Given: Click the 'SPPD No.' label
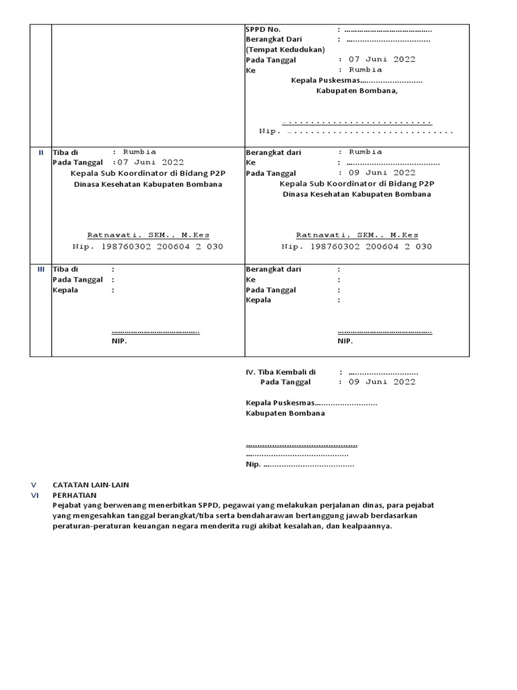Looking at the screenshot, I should [x=263, y=30].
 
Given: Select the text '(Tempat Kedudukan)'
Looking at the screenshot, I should [x=285, y=49].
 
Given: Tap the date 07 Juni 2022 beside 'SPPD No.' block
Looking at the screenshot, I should [x=382, y=59].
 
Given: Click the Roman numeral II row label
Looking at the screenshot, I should [x=40, y=152].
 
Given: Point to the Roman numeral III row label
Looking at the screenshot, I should [x=40, y=269].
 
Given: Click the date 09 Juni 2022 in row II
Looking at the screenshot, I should [x=382, y=173].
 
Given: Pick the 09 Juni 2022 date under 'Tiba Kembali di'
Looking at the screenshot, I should [x=382, y=382].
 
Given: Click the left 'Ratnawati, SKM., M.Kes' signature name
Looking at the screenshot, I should [x=148, y=235].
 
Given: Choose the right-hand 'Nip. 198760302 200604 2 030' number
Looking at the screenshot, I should [x=357, y=247].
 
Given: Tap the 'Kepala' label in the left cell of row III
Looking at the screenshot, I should [x=65, y=290].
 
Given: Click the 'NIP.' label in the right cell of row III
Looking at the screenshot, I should [x=345, y=341].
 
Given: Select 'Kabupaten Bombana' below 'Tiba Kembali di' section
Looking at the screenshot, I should [x=285, y=413].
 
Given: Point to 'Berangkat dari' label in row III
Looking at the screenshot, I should [x=273, y=269].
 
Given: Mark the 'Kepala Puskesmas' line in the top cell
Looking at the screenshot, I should [x=356, y=80].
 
